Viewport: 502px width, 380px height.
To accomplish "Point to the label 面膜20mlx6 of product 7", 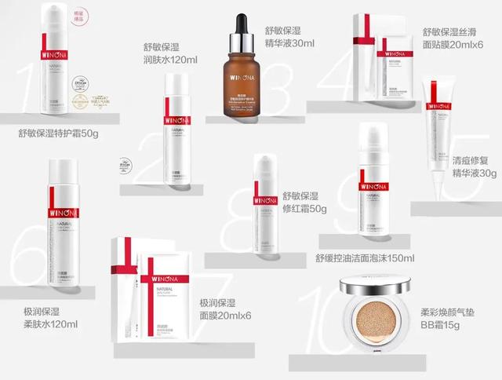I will click(x=224, y=316).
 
